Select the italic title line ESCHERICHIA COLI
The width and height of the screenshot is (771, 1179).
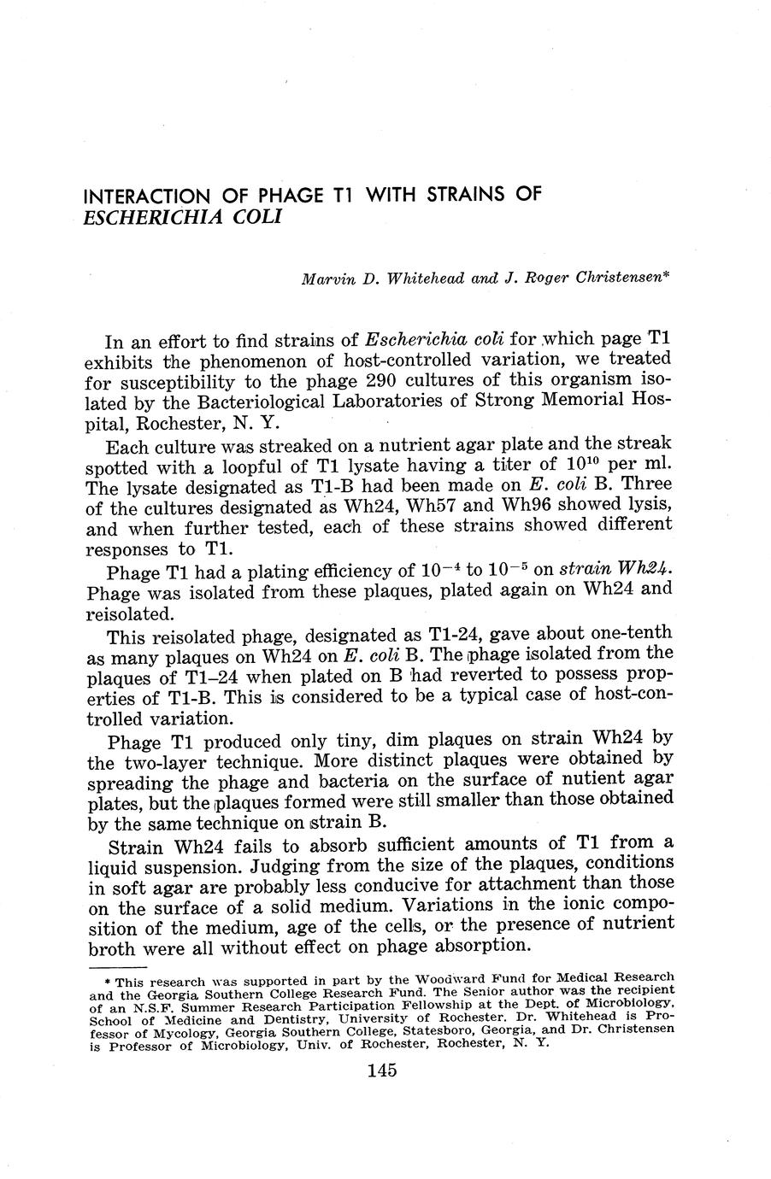click(183, 216)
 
